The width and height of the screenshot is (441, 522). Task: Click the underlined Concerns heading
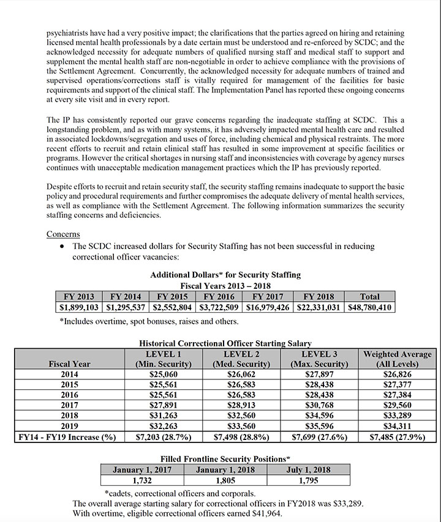[64, 234]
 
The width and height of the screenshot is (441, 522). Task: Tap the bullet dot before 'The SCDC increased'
[62, 246]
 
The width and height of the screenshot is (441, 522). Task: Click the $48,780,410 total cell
[370, 307]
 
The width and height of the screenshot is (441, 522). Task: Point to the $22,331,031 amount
[319, 307]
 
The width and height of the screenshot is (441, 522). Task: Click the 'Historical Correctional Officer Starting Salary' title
[225, 344]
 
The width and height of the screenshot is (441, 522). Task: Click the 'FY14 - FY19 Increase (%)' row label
[70, 437]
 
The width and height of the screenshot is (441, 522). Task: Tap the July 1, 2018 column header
[308, 470]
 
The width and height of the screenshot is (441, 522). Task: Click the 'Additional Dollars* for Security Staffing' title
[225, 275]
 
